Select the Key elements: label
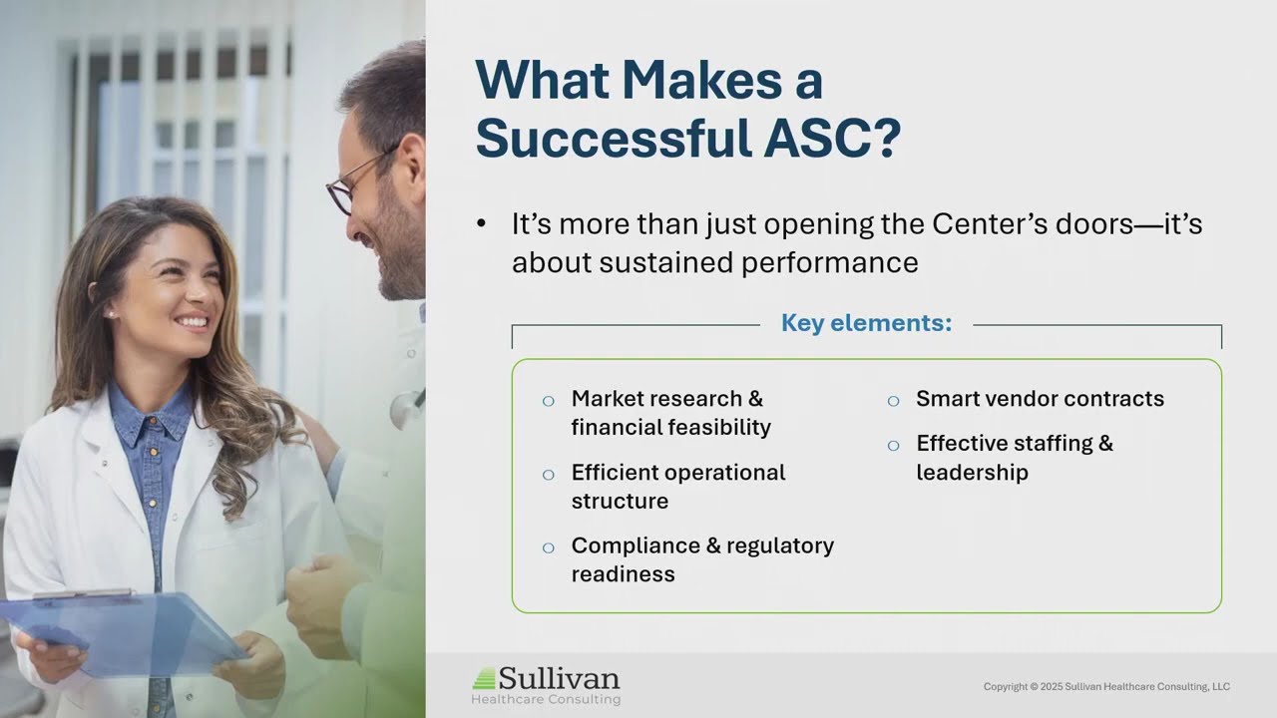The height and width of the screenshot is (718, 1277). pos(866,323)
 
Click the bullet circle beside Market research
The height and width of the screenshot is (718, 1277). pos(548,401)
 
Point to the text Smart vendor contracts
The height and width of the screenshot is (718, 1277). pos(1040,399)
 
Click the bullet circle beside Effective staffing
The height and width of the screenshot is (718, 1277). pos(893,446)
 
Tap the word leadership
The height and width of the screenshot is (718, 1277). pos(972,473)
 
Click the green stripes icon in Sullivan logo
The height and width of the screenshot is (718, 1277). pos(484,679)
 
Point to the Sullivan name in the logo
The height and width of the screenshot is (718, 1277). pos(559,679)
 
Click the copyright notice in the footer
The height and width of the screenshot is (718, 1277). pos(1105,686)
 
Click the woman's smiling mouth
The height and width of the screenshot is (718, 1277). pos(192,322)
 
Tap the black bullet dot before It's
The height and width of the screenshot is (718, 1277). pos(482,224)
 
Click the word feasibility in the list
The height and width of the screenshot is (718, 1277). pos(721,428)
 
